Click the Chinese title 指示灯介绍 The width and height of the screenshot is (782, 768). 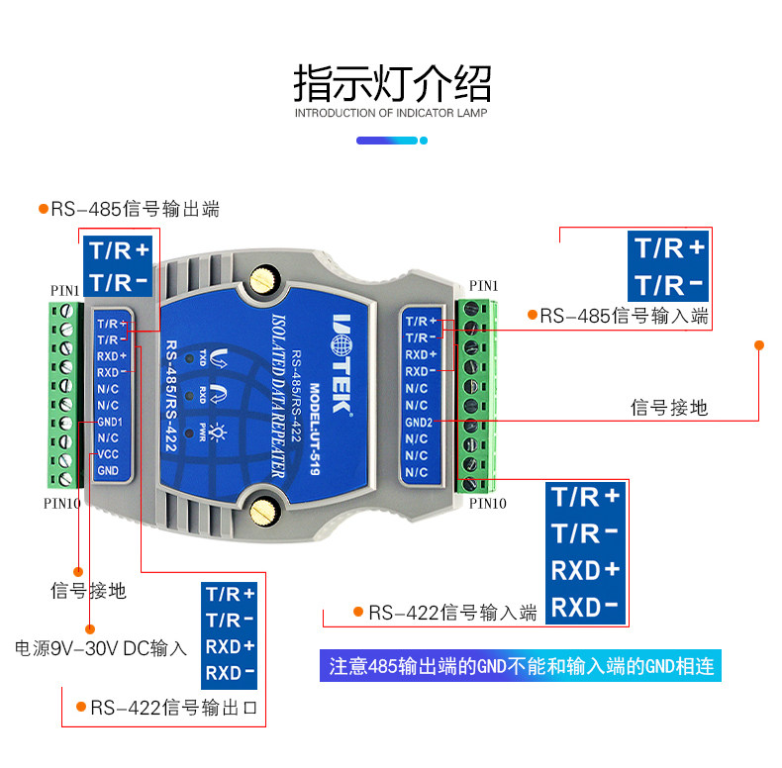393,83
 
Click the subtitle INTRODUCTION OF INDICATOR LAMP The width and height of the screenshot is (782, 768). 391,113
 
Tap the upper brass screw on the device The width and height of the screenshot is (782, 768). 263,280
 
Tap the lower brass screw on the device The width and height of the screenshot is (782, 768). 263,511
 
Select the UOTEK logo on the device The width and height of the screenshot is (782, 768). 342,364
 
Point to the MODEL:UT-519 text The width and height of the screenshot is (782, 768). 314,429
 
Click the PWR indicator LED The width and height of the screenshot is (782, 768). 189,432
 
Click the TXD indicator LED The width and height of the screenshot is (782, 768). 190,358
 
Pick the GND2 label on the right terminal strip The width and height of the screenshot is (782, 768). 419,423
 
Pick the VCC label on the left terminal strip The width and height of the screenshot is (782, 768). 108,454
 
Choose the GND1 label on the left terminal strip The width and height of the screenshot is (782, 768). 110,422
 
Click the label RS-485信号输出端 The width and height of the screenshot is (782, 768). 136,209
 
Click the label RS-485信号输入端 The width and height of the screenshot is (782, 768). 624,316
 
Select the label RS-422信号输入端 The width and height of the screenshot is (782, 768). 452,613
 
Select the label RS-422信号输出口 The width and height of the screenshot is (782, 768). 173,708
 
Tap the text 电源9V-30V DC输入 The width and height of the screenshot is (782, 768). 101,648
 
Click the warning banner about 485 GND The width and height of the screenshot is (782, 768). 521,666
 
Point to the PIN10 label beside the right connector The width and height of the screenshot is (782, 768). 488,504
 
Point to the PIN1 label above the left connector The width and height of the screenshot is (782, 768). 64,291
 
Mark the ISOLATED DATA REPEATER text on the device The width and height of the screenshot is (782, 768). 279,395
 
